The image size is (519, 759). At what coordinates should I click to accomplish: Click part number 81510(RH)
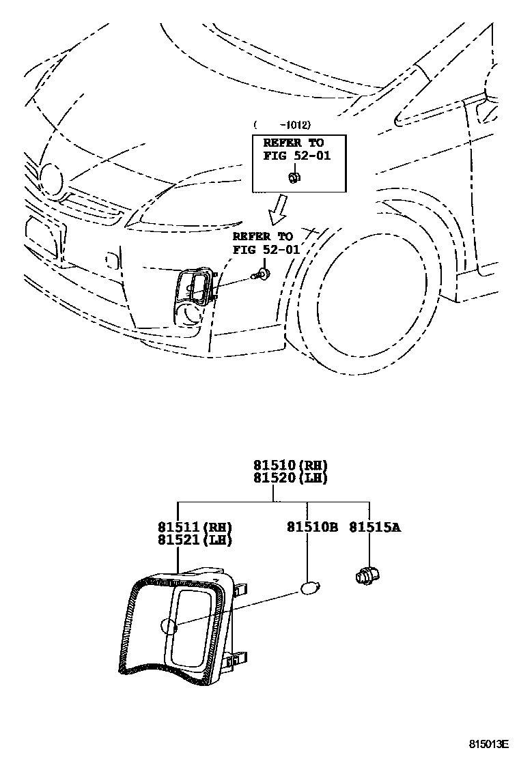point(290,466)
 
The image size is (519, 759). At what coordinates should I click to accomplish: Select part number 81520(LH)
point(290,478)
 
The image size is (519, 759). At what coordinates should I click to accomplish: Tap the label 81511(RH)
point(195,527)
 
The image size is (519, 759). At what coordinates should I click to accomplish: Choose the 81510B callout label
point(312,527)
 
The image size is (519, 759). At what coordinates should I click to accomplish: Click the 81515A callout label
point(375,527)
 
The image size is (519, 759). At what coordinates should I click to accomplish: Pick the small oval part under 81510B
point(309,587)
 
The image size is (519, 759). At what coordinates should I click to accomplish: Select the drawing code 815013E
point(488,743)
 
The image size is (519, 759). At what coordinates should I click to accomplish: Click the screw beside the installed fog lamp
point(259,276)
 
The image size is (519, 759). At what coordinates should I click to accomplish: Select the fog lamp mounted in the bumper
point(197,287)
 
